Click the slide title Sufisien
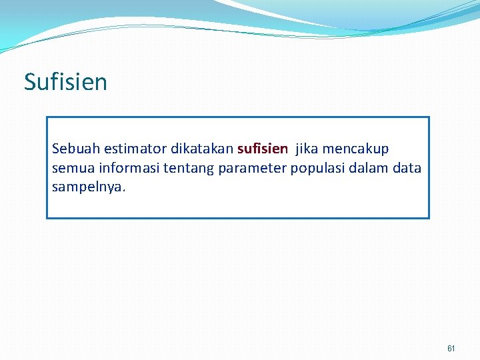point(65,82)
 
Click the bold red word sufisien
point(263,148)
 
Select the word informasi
point(121,168)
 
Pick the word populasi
point(314,168)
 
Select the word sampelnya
point(87,187)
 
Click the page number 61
point(451,349)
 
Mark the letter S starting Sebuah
point(56,148)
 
